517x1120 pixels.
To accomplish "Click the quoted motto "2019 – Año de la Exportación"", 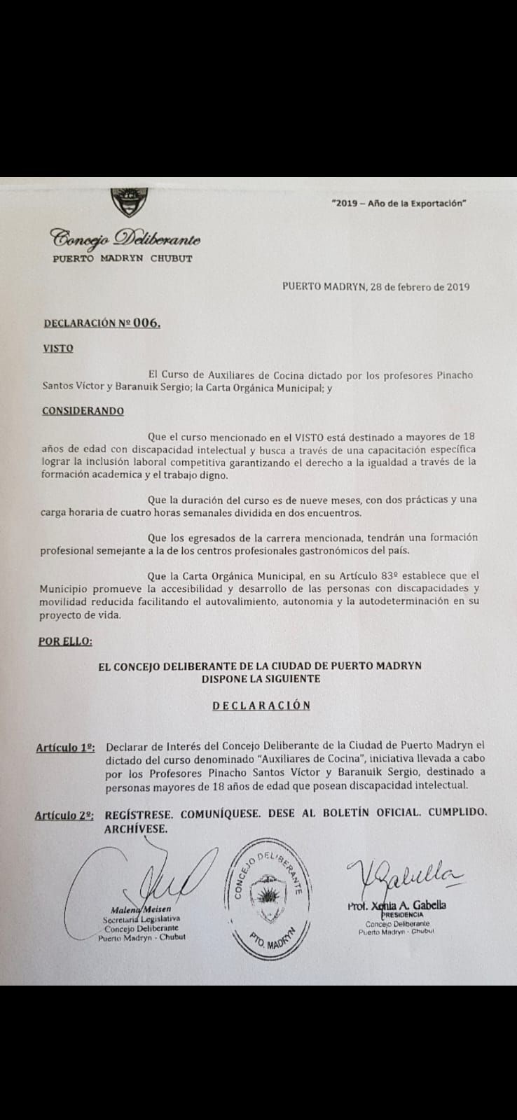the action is pyautogui.click(x=399, y=203).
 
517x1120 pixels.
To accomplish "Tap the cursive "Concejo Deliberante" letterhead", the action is pyautogui.click(x=125, y=239).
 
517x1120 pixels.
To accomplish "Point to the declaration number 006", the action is pyautogui.click(x=146, y=323).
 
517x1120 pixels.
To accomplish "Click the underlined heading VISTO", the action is pyautogui.click(x=58, y=348).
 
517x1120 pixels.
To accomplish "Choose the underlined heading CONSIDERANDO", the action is pyautogui.click(x=83, y=411).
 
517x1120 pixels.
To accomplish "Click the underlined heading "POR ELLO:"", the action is pyautogui.click(x=65, y=640).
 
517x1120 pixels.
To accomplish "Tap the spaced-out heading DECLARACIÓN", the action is pyautogui.click(x=261, y=705).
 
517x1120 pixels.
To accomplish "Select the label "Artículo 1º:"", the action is pyautogui.click(x=65, y=748).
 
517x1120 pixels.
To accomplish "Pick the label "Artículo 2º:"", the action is pyautogui.click(x=64, y=815).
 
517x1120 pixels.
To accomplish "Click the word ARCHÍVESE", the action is pyautogui.click(x=136, y=829).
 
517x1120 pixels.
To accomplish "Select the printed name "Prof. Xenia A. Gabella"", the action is pyautogui.click(x=397, y=905).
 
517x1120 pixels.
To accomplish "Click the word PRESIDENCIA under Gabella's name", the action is pyautogui.click(x=401, y=915).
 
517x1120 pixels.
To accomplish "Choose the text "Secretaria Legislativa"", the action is pyautogui.click(x=141, y=918).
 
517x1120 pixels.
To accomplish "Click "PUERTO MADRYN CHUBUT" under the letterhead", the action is pyautogui.click(x=122, y=258).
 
